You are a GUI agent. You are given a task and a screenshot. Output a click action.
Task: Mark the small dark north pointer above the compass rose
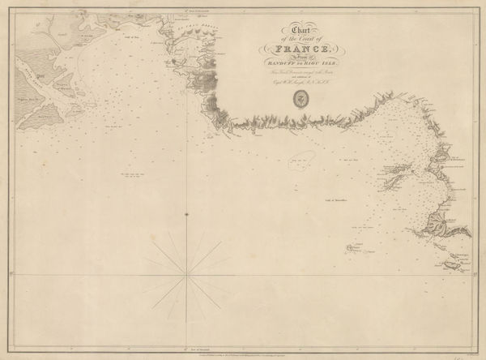coord(187,214)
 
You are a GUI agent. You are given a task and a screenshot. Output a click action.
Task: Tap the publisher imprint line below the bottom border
coord(243,354)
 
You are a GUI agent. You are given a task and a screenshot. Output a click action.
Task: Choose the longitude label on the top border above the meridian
coord(187,7)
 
